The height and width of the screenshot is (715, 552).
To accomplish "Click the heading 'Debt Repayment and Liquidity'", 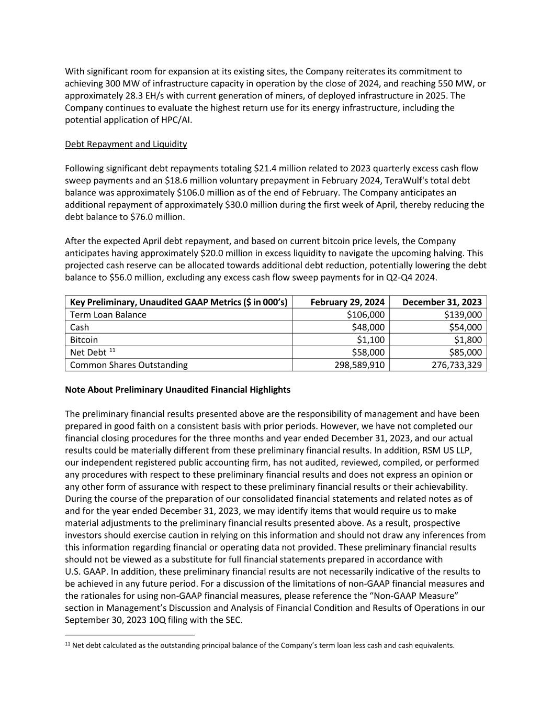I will (126, 144).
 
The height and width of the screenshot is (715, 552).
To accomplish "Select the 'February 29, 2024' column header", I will (347, 302).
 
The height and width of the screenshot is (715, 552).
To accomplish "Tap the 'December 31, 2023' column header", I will (442, 302).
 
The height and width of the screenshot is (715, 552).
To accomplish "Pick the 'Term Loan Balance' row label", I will (108, 314).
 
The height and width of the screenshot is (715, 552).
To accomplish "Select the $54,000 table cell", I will (465, 327).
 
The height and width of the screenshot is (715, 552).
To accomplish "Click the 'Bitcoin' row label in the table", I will (84, 339).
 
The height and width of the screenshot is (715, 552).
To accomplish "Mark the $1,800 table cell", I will (468, 339).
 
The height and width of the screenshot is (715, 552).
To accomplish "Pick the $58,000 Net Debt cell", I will (368, 352).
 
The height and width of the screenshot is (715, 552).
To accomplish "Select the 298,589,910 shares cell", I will (359, 365).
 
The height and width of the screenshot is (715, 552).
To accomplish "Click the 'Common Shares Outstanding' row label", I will (129, 365).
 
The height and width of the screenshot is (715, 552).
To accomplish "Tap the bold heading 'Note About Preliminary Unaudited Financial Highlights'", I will (177, 390).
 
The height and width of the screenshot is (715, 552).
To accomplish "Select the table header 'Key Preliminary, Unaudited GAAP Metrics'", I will (178, 302).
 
